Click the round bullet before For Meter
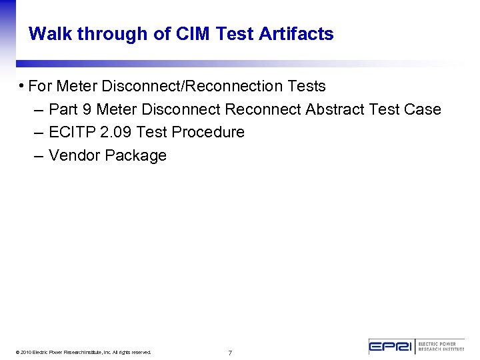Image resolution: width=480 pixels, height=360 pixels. (22, 85)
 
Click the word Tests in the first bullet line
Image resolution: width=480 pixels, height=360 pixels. (307, 86)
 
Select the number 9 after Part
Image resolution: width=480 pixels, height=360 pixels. (87, 109)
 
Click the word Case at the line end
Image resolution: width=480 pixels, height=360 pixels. (424, 109)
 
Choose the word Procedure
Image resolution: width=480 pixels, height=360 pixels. (208, 132)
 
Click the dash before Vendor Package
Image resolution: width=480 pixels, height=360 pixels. (38, 155)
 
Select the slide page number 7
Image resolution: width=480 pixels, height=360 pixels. (230, 353)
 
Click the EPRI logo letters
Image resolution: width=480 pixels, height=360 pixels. (392, 346)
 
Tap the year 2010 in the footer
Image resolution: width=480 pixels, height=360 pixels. (26, 352)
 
